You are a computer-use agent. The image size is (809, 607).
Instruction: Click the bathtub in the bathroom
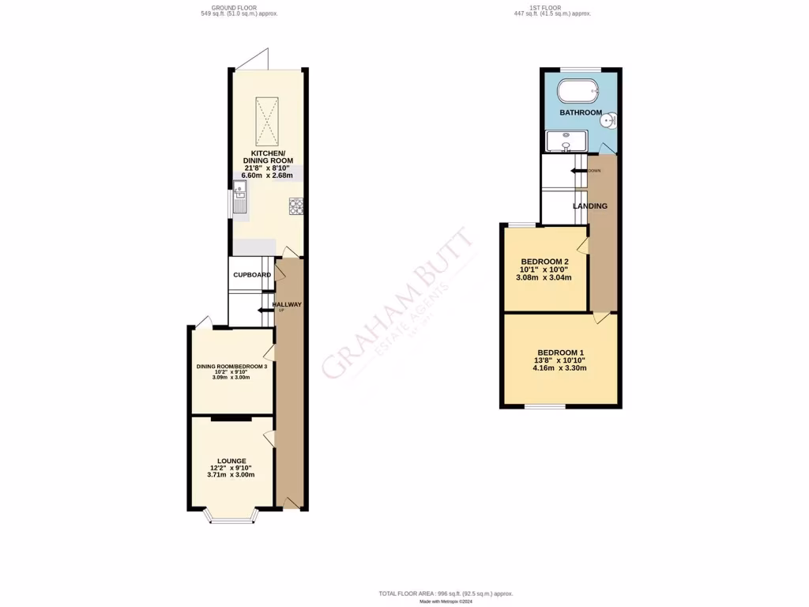click(579, 91)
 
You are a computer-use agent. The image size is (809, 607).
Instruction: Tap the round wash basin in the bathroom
click(609, 121)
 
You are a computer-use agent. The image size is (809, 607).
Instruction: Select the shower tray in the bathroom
click(567, 141)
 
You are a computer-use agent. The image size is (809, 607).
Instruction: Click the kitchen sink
click(240, 198)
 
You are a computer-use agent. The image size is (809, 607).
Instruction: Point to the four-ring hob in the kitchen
click(296, 206)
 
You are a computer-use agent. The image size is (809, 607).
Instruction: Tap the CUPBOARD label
click(251, 275)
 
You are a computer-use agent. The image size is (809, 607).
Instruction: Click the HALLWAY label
click(287, 304)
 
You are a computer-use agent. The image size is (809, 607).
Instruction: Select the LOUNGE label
click(231, 461)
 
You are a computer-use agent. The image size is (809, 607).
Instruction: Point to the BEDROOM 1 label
click(561, 353)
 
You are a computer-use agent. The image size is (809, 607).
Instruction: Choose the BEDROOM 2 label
click(545, 262)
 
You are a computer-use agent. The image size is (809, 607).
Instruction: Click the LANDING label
click(590, 206)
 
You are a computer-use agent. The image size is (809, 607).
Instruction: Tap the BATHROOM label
click(581, 113)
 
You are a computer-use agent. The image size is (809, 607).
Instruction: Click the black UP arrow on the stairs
click(264, 311)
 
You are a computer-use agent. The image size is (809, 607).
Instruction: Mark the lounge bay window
click(231, 518)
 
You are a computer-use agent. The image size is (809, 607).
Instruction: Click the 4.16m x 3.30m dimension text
click(561, 368)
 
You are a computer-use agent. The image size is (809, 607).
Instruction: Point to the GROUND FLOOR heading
click(239, 8)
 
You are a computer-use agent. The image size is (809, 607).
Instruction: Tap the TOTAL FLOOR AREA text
click(446, 594)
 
